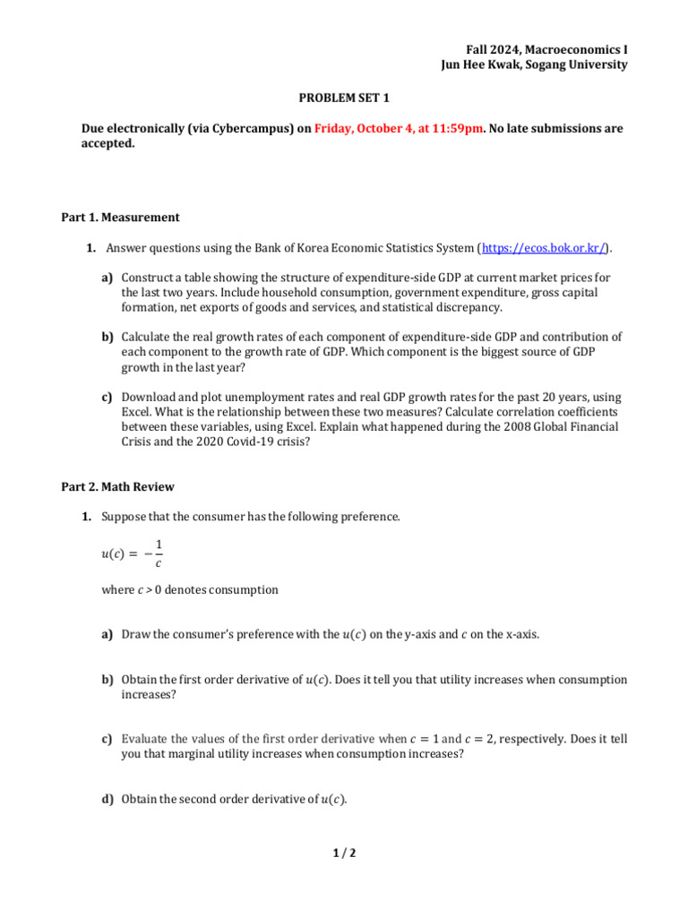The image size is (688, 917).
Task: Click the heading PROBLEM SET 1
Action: click(x=343, y=98)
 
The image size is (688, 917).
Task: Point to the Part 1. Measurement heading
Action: click(x=120, y=217)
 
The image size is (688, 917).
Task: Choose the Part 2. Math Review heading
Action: click(x=117, y=487)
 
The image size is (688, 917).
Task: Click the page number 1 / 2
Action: click(x=344, y=853)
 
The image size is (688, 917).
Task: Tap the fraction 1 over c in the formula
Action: click(x=159, y=553)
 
